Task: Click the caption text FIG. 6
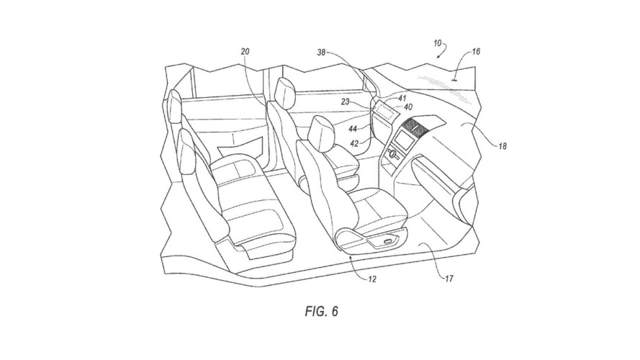pos(319,313)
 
